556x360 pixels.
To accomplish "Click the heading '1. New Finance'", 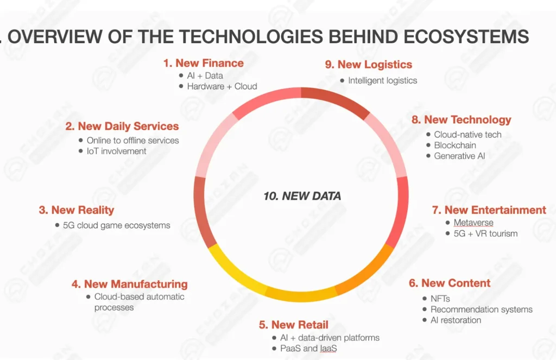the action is point(204,63).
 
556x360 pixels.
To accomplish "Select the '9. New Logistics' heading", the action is point(369,65).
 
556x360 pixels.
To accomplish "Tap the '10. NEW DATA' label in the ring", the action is point(302,196).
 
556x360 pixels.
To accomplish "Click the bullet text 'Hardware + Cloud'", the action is point(222,86).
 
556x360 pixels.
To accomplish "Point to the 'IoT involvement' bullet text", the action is point(116,151).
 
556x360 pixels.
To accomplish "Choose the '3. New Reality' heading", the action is point(77,210).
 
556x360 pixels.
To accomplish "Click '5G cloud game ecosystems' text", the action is point(116,225).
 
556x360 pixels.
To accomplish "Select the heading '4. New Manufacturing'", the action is point(129,284).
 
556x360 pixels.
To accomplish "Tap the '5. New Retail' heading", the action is point(294,325).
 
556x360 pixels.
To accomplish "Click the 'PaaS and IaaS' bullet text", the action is point(308,348).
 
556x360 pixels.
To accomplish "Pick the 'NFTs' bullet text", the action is point(440,299).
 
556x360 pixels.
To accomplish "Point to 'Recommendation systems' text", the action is point(482,310).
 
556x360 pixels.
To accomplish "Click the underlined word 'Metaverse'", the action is point(473,223).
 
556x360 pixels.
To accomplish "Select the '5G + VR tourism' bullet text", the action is point(485,233).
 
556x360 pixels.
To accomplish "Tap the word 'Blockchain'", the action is point(455,145).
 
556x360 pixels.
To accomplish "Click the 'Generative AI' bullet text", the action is point(459,156).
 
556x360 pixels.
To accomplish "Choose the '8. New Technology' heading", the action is point(462,120).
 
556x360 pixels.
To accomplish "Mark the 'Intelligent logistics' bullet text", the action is point(383,80).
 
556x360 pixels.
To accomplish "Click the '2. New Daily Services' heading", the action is point(122,127).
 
